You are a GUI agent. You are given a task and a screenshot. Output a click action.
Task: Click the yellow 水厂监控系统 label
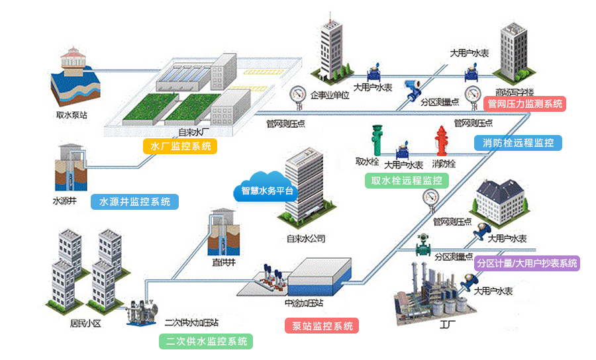click(x=180, y=146)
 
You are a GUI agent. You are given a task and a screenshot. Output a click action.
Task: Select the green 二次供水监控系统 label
click(x=206, y=341)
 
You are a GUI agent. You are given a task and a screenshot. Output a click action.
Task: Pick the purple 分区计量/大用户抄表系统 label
click(x=527, y=263)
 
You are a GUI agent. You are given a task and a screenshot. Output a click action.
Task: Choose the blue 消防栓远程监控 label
click(x=518, y=142)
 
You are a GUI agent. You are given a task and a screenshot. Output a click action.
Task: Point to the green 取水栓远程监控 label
click(x=407, y=181)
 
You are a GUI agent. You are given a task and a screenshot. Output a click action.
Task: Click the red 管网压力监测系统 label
click(x=525, y=103)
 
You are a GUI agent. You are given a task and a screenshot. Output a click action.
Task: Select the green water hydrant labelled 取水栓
click(x=379, y=140)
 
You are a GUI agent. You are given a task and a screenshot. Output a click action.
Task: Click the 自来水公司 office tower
click(x=304, y=189)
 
